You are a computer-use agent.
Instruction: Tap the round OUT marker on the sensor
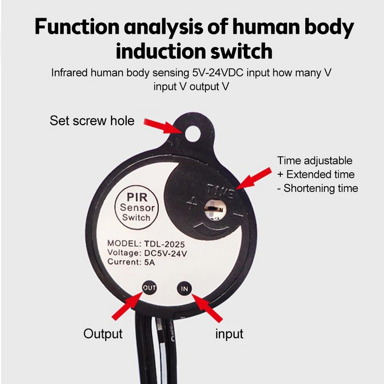pyautogui.click(x=149, y=288)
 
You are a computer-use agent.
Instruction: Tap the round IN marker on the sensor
pyautogui.click(x=185, y=288)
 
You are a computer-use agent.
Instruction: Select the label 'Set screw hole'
pyautogui.click(x=92, y=120)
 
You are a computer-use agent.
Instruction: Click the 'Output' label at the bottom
pyautogui.click(x=103, y=333)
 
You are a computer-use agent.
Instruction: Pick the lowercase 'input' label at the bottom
pyautogui.click(x=229, y=333)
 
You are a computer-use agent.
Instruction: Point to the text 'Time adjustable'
pyautogui.click(x=314, y=161)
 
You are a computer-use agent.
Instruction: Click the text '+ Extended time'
pyautogui.click(x=316, y=174)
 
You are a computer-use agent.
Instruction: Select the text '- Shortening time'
pyautogui.click(x=318, y=188)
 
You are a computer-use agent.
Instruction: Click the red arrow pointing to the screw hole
pyautogui.click(x=166, y=126)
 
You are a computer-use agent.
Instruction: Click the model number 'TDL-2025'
pyautogui.click(x=164, y=243)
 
